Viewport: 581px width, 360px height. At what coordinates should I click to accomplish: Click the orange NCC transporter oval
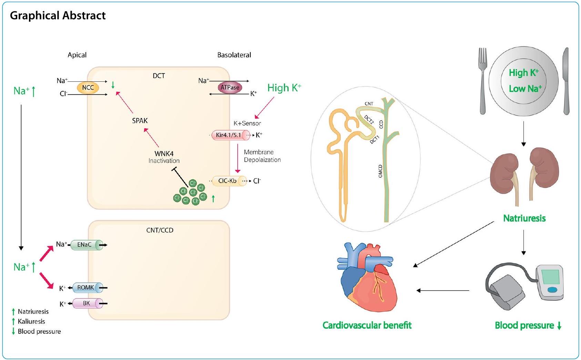(88, 88)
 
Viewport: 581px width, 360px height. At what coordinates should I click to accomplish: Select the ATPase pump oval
(230, 88)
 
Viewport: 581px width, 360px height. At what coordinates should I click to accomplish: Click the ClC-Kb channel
(228, 181)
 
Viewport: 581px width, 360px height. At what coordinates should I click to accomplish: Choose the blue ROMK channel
(86, 288)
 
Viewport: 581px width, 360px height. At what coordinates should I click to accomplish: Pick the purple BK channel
(87, 303)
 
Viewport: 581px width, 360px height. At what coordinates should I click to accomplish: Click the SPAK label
(140, 121)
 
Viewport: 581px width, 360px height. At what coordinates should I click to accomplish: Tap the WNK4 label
(164, 153)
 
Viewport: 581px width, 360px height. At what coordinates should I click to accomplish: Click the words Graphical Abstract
(58, 16)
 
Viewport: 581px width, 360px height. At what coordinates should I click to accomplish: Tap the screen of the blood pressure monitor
(551, 276)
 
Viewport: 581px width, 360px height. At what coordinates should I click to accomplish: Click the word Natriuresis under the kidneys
(524, 218)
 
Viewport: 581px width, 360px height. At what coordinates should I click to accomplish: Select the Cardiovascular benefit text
(367, 325)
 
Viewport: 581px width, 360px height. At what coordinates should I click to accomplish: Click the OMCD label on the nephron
(380, 171)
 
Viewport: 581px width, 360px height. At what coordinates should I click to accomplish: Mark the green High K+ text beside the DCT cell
(284, 88)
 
